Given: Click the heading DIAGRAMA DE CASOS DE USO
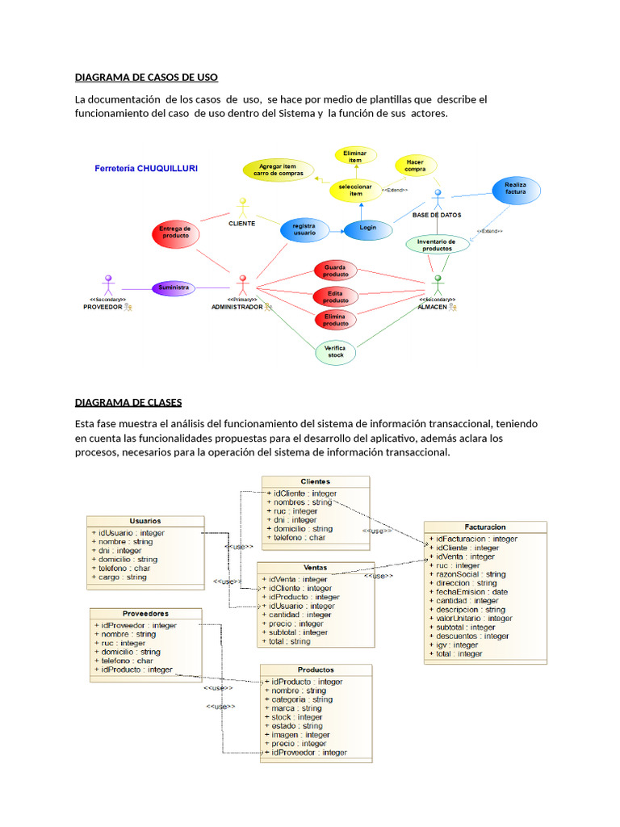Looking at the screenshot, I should (146, 78).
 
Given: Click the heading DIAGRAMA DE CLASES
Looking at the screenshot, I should (128, 402).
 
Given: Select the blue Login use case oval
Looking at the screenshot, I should (367, 229).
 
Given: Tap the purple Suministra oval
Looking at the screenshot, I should (174, 288).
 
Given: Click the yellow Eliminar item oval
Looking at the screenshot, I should (354, 157).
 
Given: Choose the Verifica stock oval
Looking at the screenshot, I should (335, 351).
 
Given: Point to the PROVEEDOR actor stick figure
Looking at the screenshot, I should (108, 285).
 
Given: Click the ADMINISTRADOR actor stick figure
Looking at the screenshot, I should (241, 285).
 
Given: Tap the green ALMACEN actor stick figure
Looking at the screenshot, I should (438, 285).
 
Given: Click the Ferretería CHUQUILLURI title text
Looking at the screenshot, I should (146, 169).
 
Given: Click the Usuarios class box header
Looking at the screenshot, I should (145, 521).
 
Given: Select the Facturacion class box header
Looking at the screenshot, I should (484, 526).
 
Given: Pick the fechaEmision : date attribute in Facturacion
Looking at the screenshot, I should (471, 592).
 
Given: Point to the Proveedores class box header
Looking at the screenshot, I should (145, 613).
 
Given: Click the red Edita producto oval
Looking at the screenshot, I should (335, 296).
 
